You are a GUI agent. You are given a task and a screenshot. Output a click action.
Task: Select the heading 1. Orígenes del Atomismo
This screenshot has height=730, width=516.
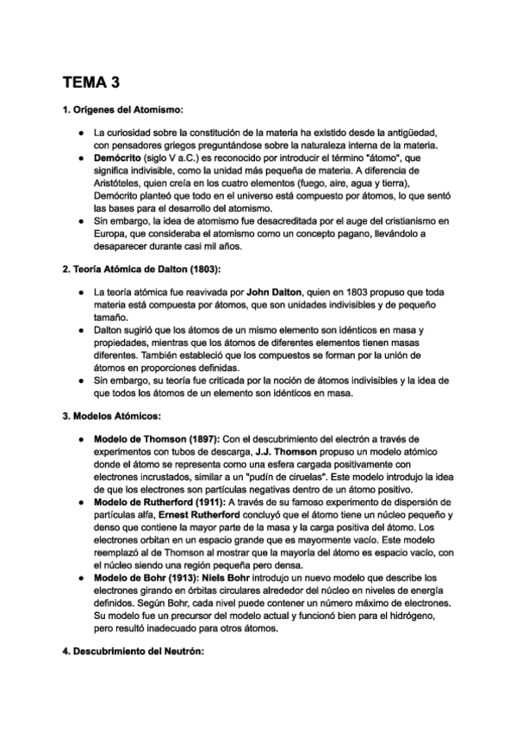pyautogui.click(x=122, y=110)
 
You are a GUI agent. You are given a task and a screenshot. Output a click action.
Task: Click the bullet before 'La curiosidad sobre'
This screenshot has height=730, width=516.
pyautogui.click(x=79, y=134)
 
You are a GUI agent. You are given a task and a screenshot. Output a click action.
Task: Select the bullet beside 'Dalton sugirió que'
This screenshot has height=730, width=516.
pyautogui.click(x=79, y=330)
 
